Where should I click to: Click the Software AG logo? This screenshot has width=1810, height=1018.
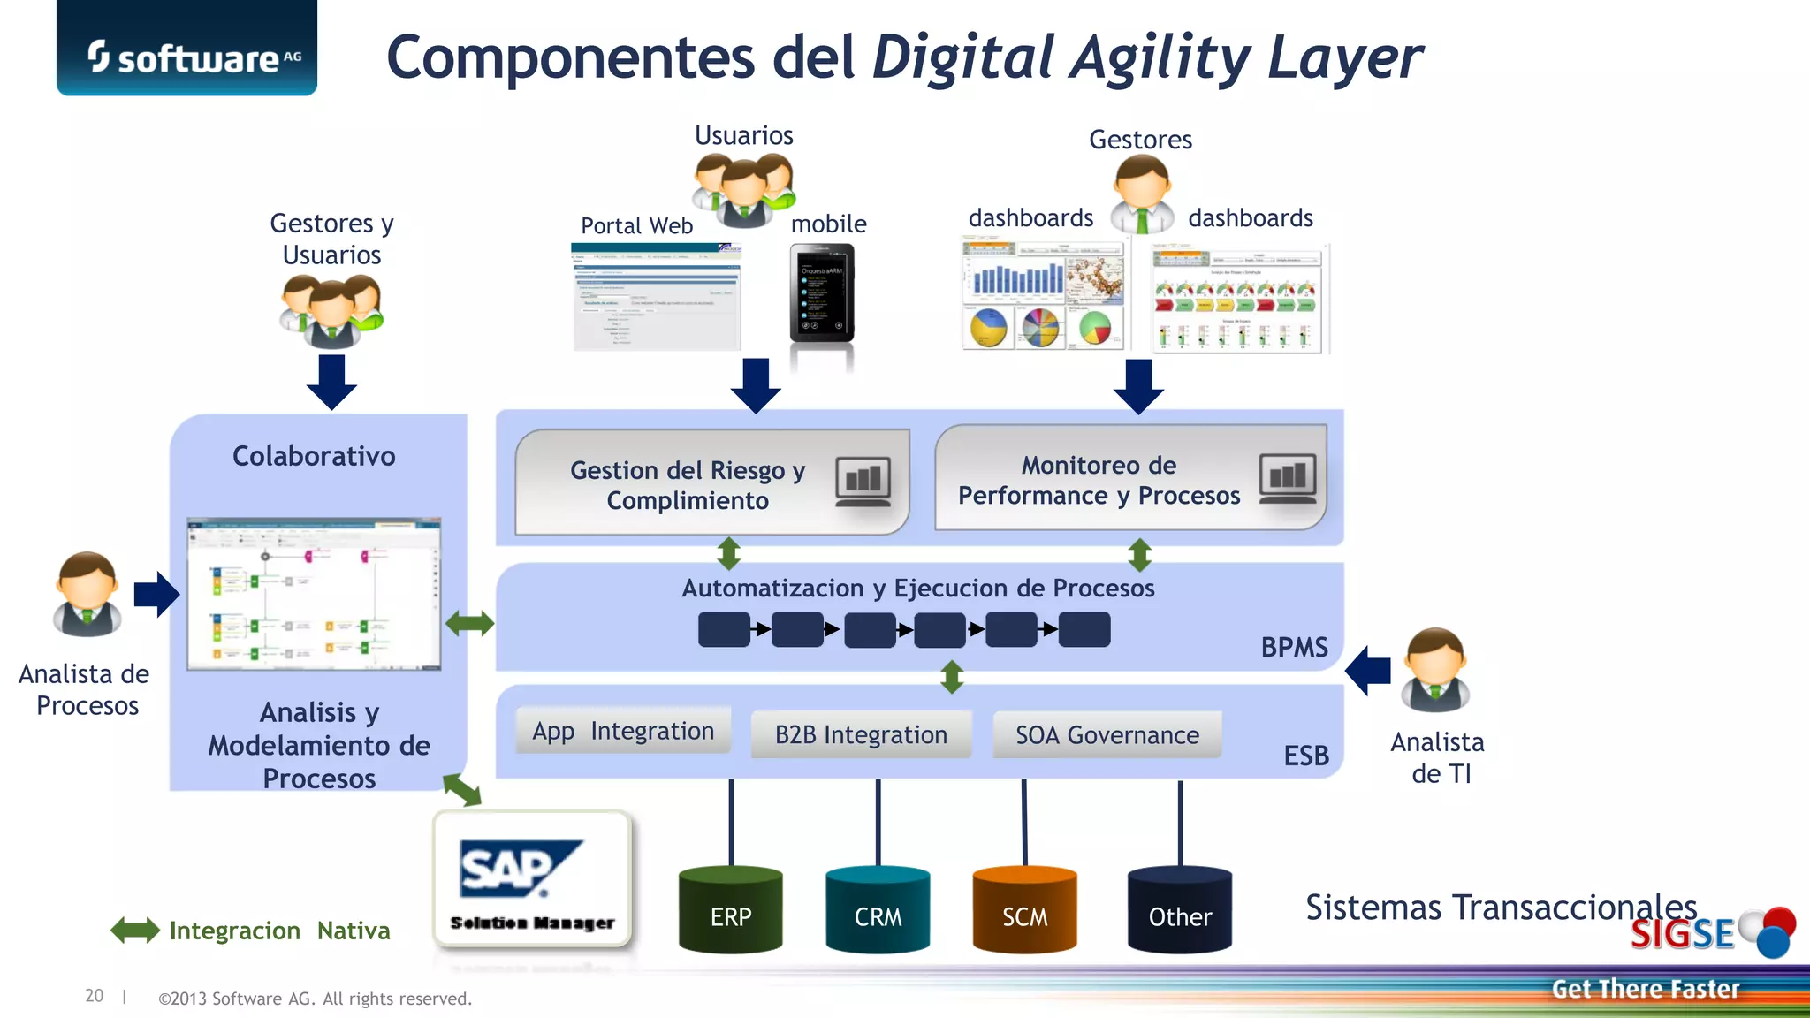(186, 55)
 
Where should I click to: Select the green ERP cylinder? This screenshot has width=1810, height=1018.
(731, 910)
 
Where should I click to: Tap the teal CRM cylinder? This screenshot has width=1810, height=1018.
(878, 910)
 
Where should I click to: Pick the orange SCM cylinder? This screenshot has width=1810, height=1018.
(1024, 910)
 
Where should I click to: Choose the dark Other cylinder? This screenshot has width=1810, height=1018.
(1180, 910)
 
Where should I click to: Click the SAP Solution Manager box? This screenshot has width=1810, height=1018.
(533, 880)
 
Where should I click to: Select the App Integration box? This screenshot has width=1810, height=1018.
(623, 732)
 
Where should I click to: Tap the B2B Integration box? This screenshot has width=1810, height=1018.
(861, 735)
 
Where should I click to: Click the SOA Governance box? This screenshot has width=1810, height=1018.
(1107, 735)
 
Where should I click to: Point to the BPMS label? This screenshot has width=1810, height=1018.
(1294, 648)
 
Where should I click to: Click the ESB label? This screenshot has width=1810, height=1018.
(1306, 756)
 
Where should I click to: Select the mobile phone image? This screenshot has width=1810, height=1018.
(822, 293)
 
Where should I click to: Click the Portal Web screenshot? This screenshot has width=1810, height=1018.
(657, 297)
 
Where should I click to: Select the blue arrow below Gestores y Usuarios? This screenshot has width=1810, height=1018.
(331, 382)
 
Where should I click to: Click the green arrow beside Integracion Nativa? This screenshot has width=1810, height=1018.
(135, 931)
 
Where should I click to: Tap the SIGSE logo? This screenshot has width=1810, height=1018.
(1711, 932)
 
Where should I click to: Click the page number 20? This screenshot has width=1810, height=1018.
(94, 996)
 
